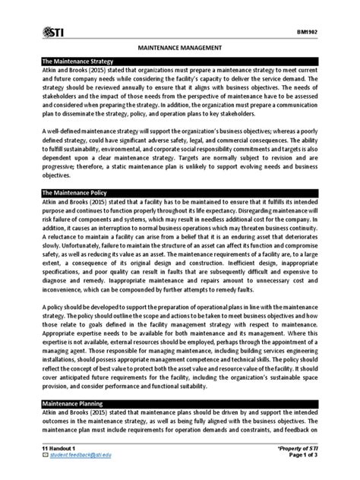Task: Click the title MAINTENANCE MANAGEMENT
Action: pyautogui.click(x=179, y=47)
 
